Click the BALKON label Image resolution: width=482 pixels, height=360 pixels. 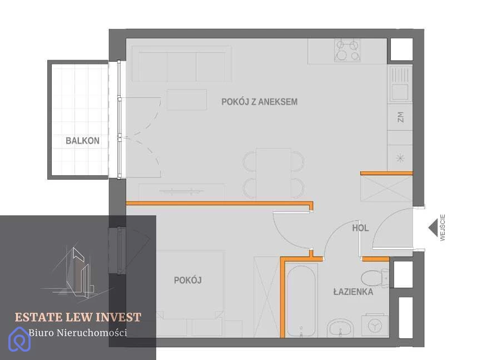pyautogui.click(x=82, y=141)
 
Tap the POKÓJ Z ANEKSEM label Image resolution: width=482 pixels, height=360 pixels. pyautogui.click(x=260, y=101)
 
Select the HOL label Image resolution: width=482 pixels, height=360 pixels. pyautogui.click(x=360, y=228)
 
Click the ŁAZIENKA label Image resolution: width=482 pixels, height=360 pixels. pyautogui.click(x=353, y=292)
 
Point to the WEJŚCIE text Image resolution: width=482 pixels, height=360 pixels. pyautogui.click(x=443, y=228)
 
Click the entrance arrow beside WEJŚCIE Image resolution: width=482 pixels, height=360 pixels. pyautogui.click(x=433, y=228)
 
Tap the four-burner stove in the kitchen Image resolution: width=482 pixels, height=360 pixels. pyautogui.click(x=347, y=51)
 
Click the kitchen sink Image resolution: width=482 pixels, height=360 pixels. pyautogui.click(x=400, y=83)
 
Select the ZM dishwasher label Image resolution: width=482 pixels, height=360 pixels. pyautogui.click(x=400, y=117)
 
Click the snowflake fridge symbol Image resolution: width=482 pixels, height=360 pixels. pyautogui.click(x=400, y=159)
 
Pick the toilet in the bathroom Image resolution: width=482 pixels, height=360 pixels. pyautogui.click(x=375, y=278)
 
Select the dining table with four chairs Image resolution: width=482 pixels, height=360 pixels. pyautogui.click(x=274, y=174)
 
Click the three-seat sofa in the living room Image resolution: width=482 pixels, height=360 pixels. pyautogui.click(x=182, y=64)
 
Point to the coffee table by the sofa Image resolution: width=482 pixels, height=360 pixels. pyautogui.click(x=187, y=100)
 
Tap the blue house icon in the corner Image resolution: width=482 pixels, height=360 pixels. pyautogui.click(x=19, y=339)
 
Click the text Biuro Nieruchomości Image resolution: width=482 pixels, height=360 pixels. pyautogui.click(x=78, y=333)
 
